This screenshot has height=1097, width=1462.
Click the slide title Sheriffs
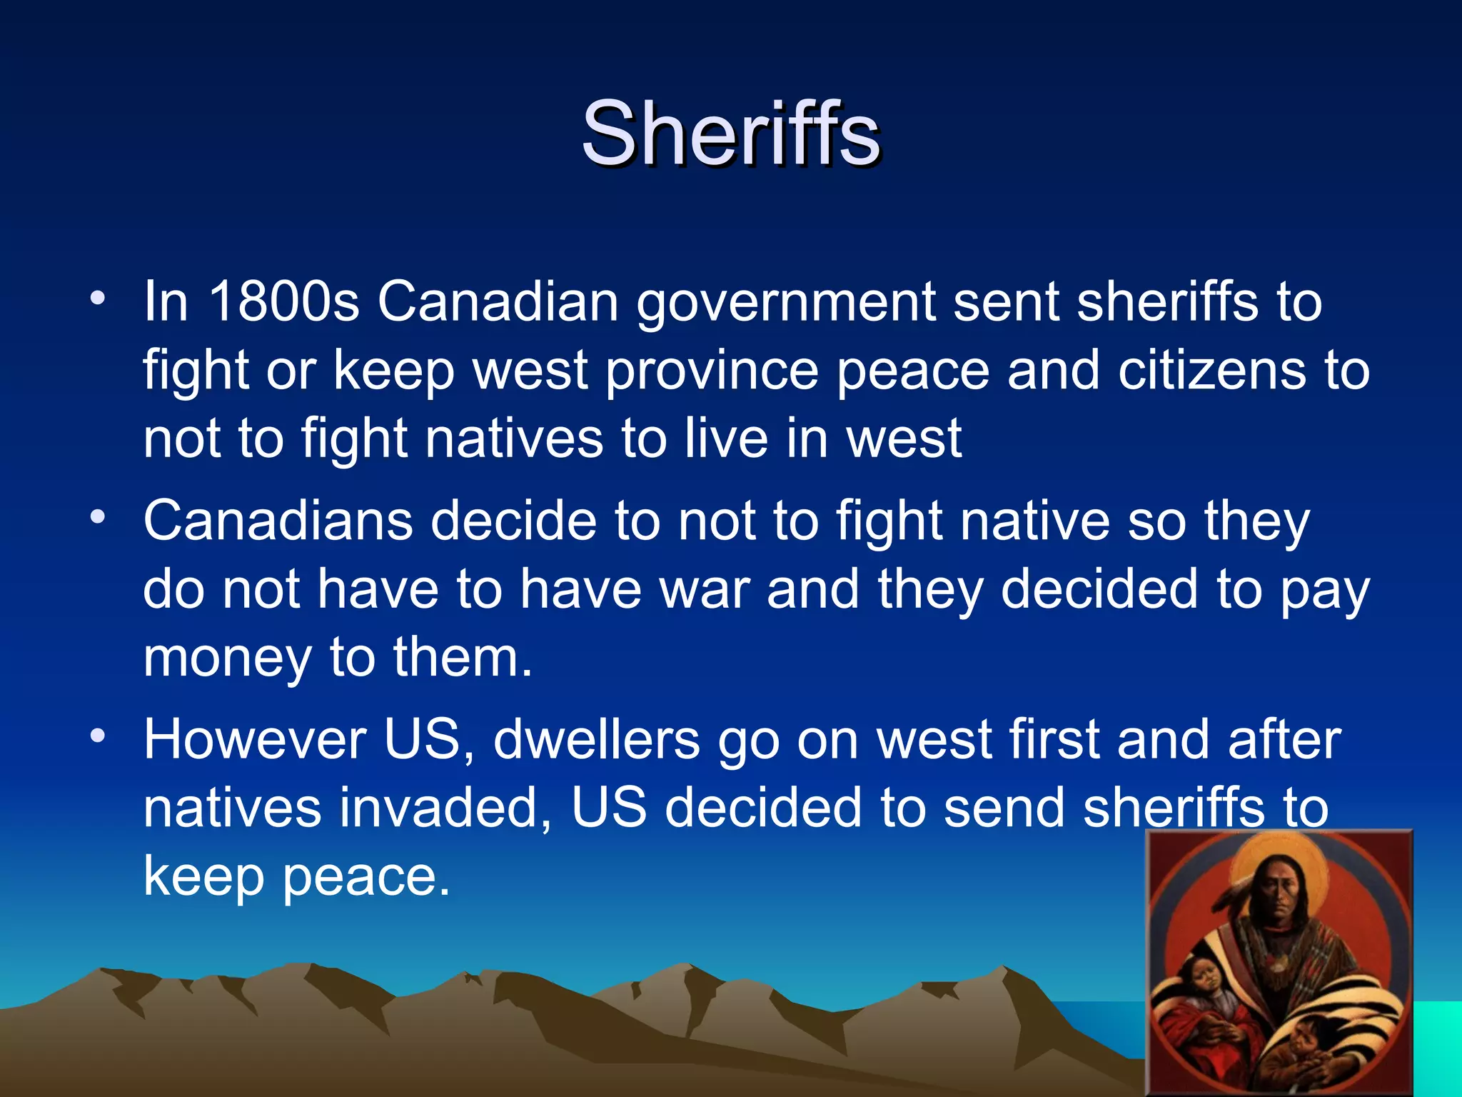731,134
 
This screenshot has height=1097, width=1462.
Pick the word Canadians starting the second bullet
278,521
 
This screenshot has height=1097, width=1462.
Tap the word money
227,659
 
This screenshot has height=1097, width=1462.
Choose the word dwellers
597,739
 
